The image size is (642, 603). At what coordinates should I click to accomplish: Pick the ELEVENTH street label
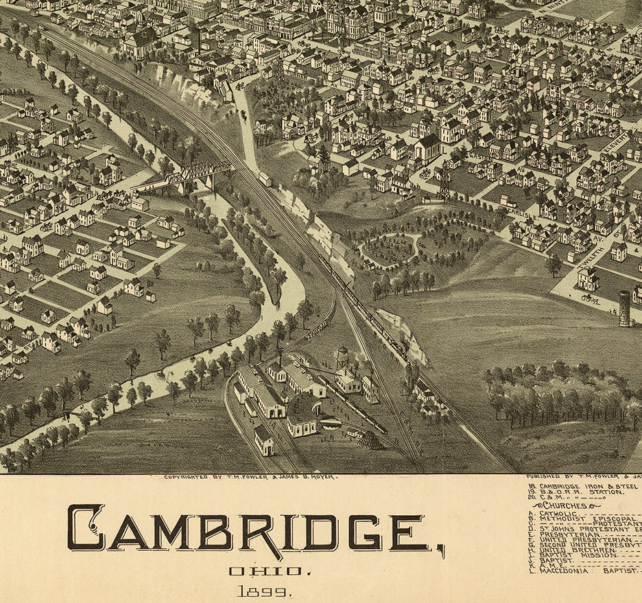click(614, 144)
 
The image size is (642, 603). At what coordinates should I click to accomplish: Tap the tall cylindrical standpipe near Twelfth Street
click(624, 309)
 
